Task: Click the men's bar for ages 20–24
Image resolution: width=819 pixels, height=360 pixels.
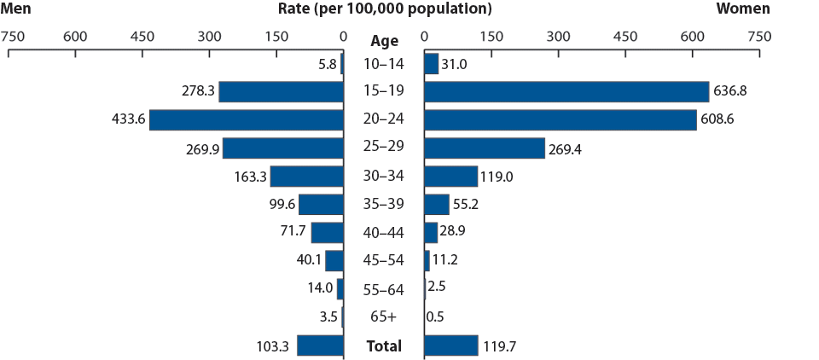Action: (x=247, y=119)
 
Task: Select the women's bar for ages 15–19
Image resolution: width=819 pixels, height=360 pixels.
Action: (x=566, y=91)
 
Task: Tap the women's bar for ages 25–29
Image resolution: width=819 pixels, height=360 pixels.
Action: (x=484, y=148)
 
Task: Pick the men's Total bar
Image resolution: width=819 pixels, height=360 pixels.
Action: (x=320, y=345)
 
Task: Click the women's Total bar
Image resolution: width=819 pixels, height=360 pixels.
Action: (x=450, y=345)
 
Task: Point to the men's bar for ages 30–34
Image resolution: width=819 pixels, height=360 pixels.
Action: (x=306, y=176)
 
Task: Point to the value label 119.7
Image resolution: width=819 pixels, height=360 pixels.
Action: (x=501, y=345)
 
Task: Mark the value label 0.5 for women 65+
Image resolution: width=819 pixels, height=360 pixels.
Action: (x=436, y=317)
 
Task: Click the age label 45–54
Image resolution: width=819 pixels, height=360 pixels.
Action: (x=384, y=260)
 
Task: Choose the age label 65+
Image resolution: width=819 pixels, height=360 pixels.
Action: (x=384, y=317)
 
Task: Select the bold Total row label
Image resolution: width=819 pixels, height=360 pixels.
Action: (x=384, y=346)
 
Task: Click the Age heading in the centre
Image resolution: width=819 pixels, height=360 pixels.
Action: (x=384, y=40)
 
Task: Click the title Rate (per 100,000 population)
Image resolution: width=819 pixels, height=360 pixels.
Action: (x=385, y=9)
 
